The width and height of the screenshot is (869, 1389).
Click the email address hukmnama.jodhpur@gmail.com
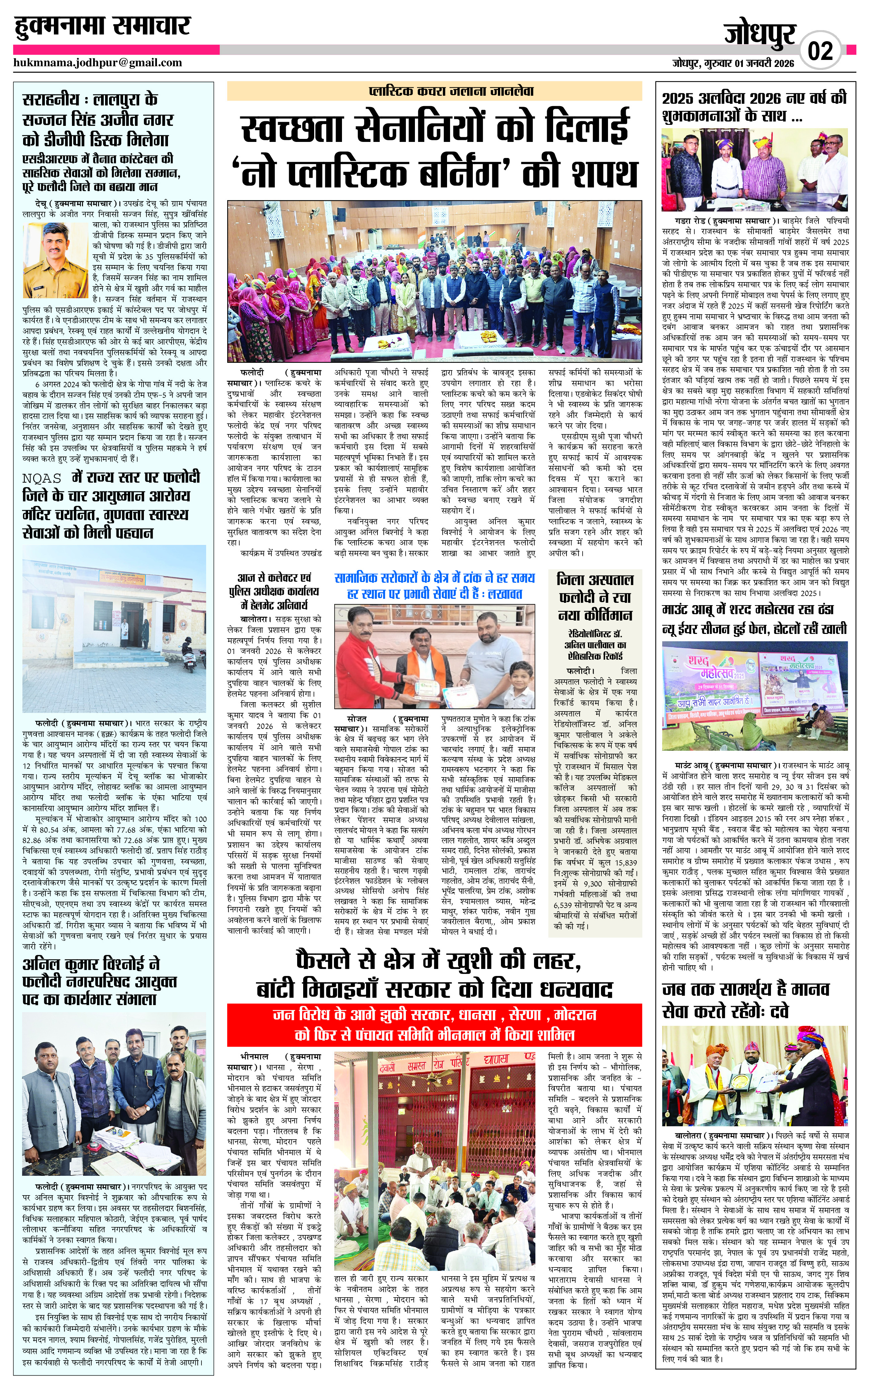coord(98,63)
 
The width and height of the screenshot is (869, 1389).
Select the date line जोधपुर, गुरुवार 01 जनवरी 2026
coord(733,63)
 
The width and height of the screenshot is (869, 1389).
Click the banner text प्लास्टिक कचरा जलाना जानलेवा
coord(434,91)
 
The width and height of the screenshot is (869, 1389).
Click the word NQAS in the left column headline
coord(42,478)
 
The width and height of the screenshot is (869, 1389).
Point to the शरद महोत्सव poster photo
coord(755,694)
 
